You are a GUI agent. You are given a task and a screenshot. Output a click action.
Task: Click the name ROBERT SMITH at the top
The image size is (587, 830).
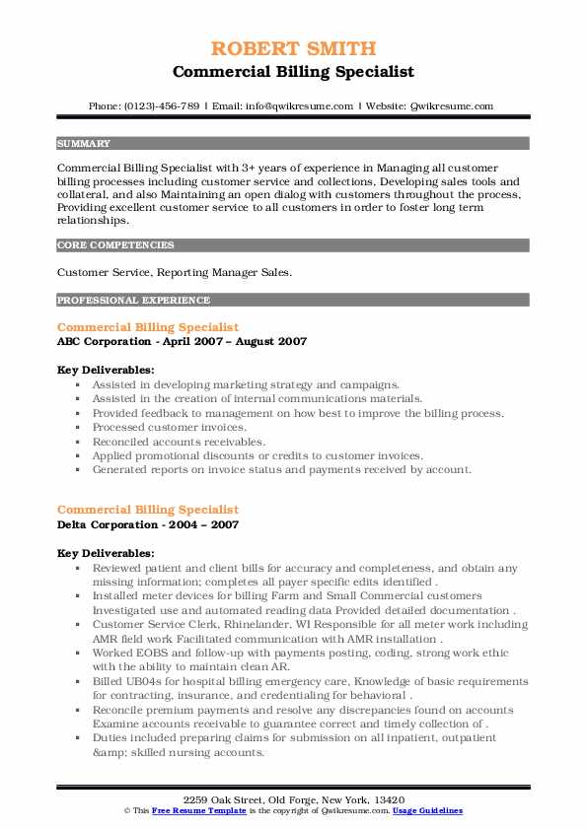coord(293,49)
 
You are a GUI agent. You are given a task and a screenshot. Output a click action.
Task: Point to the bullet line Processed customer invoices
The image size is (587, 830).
coord(169,428)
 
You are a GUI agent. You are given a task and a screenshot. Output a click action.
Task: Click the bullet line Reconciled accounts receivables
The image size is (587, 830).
coord(179,442)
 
